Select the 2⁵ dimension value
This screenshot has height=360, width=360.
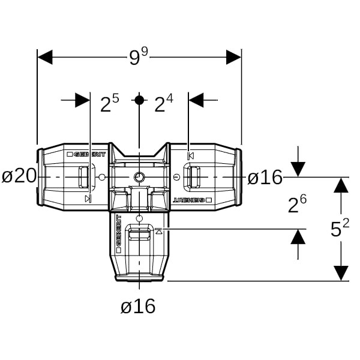point(109,104)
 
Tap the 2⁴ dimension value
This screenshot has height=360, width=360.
point(163,104)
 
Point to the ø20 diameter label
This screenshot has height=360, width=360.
point(19,176)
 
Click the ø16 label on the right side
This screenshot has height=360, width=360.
point(265,177)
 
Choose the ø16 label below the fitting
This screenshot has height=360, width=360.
point(138,307)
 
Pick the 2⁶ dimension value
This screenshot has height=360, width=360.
point(298,205)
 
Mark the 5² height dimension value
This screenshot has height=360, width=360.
point(340,229)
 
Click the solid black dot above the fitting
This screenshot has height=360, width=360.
point(139,100)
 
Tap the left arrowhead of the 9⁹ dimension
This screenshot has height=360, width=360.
point(46,58)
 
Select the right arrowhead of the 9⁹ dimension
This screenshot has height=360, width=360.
point(233,58)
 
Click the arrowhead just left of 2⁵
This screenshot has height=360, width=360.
point(82,100)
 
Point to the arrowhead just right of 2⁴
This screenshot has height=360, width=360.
point(197,100)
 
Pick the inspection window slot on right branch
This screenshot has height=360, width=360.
point(193,177)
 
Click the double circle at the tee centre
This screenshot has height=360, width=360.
point(139,177)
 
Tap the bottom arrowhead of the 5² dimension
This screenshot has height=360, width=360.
point(341,273)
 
